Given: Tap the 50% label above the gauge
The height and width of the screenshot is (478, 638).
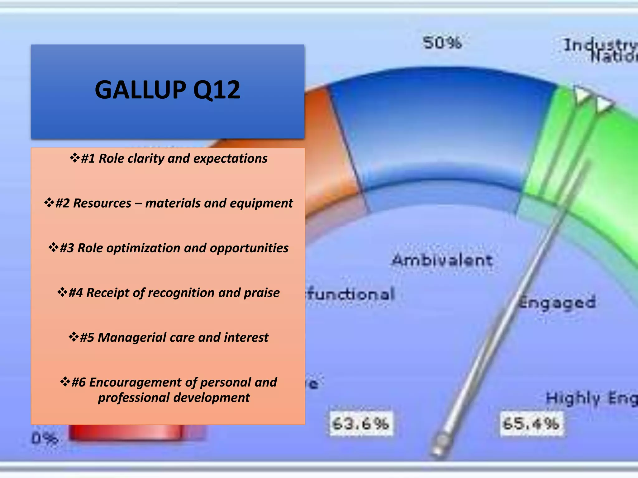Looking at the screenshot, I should tap(442, 43).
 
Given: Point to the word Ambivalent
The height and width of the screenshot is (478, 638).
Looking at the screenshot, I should tap(442, 260).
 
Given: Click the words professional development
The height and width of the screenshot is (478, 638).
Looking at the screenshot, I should tap(174, 398).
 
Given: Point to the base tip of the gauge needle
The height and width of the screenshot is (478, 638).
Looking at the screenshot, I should tap(439, 448).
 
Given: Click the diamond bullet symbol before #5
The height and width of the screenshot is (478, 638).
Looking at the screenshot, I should tap(74, 337).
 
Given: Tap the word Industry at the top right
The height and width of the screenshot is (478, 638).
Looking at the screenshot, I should tap(600, 45).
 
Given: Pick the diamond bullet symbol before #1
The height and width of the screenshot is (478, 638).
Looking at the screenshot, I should tap(75, 157).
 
